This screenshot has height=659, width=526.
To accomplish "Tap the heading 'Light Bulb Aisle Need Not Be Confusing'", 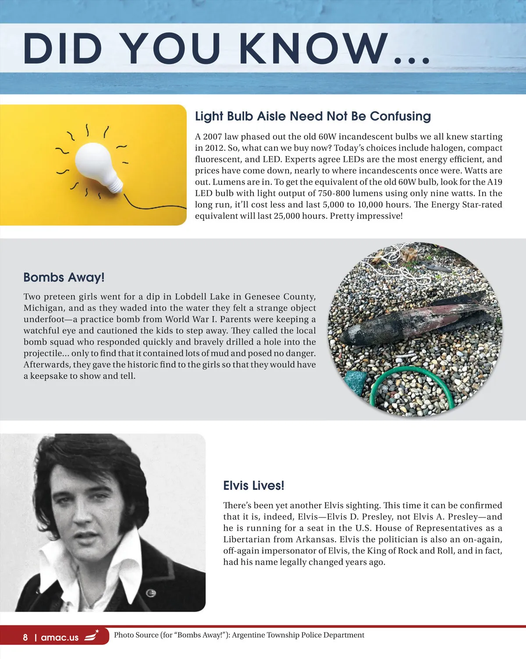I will (313, 116).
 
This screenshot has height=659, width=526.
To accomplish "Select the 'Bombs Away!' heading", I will (64, 277).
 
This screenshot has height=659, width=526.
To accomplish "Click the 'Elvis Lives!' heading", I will (253, 485).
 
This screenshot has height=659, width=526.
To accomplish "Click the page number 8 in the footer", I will (25, 637).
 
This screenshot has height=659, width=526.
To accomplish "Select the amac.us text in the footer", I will (60, 638).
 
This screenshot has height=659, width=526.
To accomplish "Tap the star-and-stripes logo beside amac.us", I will (92, 635).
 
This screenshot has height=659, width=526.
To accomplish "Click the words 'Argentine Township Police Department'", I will (298, 635).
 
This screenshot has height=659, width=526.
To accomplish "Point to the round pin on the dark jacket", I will (150, 593).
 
